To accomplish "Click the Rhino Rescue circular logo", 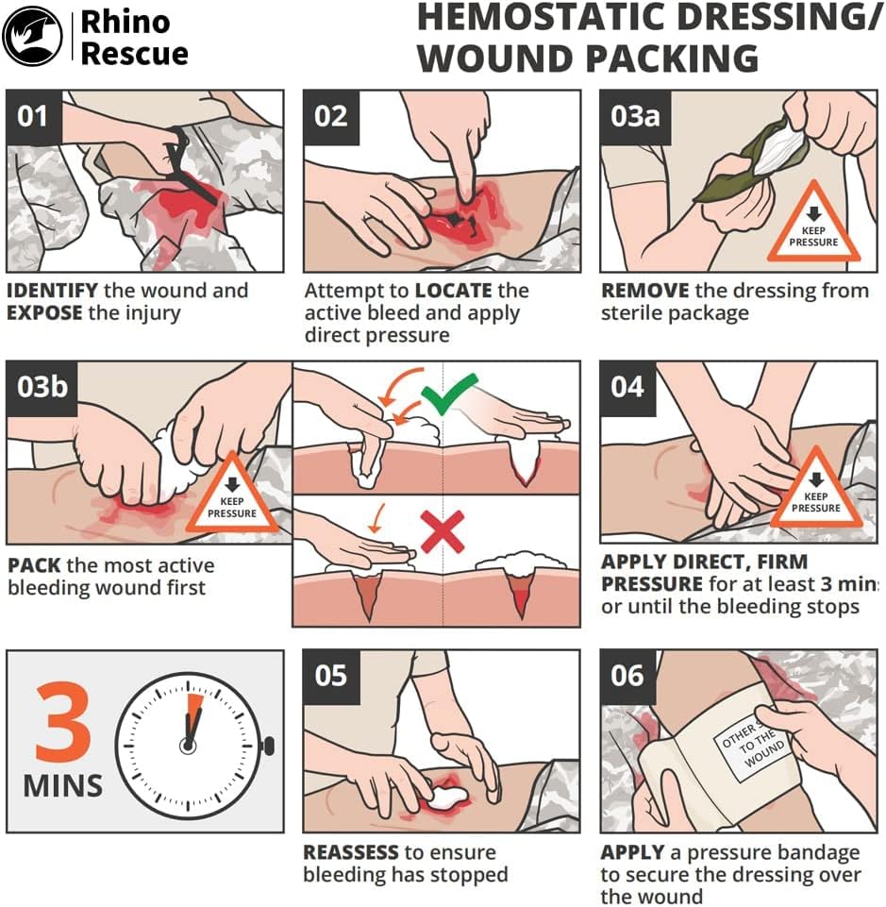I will [x=33, y=35].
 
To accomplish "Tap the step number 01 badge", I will [x=34, y=116].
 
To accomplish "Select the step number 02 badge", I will [x=331, y=116].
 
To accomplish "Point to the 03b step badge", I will [x=42, y=386].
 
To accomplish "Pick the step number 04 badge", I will [x=627, y=386].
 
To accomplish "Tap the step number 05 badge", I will [x=331, y=676].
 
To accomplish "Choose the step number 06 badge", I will [x=627, y=676].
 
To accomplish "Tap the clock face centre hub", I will [x=189, y=745].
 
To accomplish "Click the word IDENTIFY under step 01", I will [x=52, y=291].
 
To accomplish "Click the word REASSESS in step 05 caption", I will [x=351, y=853].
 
